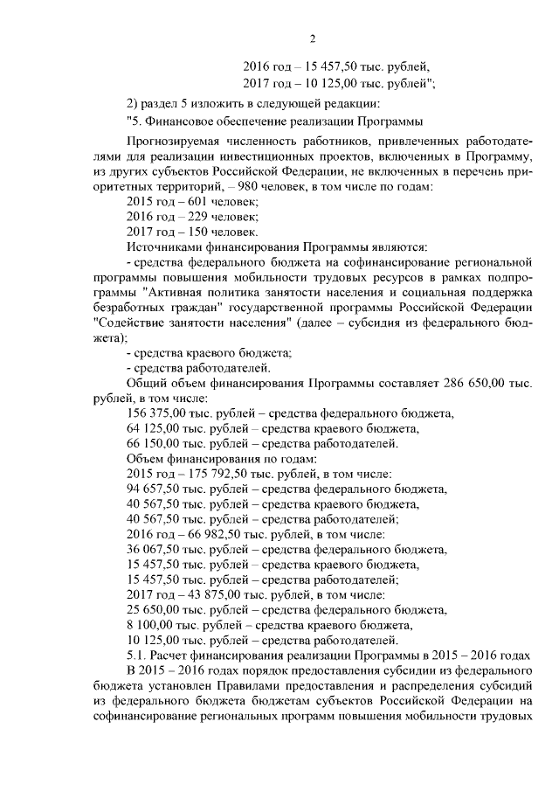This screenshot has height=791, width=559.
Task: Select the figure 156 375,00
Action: (x=154, y=413)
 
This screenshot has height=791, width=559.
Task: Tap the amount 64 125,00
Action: (x=151, y=428)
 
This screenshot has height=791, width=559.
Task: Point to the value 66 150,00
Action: (x=151, y=443)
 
